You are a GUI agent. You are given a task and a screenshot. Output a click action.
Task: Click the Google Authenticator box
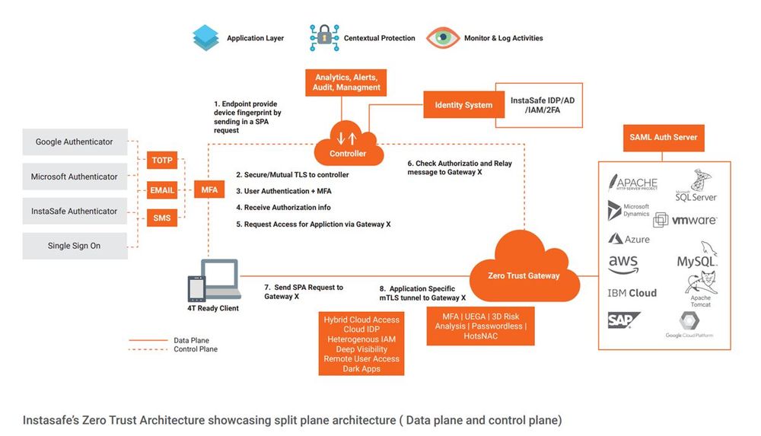click(75, 142)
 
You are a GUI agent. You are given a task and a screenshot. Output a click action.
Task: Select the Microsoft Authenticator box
click(75, 177)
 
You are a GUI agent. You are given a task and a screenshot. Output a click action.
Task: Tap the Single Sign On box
click(75, 246)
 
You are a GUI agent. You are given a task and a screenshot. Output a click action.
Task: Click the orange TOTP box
click(162, 161)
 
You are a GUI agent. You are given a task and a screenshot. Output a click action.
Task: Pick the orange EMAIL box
click(162, 190)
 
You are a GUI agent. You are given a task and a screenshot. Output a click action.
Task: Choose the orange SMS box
click(162, 218)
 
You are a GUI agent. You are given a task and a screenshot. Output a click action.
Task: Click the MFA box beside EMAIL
click(209, 189)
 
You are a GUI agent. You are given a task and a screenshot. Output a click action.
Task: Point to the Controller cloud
click(348, 145)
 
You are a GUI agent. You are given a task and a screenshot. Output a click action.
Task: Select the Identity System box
click(463, 105)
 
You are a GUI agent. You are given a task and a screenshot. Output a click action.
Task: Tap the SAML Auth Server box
click(664, 138)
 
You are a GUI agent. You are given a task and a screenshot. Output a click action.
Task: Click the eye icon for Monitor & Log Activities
click(442, 37)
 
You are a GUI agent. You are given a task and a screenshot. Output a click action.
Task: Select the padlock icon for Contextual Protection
click(324, 37)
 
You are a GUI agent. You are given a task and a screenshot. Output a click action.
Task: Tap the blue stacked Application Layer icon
click(205, 37)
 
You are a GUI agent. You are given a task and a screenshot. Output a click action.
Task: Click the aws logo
click(623, 264)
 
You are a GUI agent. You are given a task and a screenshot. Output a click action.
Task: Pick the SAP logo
click(623, 321)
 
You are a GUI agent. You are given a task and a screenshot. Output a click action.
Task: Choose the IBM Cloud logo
click(632, 293)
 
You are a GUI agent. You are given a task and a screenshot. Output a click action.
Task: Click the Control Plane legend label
click(196, 349)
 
